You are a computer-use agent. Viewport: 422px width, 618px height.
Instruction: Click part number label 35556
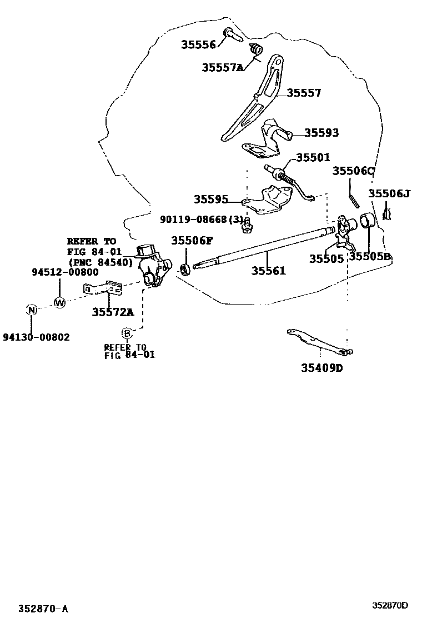[x=198, y=45]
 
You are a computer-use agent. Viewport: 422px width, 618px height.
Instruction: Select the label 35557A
[x=223, y=67]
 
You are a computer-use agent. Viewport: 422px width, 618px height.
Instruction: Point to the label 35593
[x=321, y=133]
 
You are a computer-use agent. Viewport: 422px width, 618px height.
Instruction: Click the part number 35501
[x=313, y=158]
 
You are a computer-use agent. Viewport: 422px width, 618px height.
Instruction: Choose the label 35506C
[x=354, y=171]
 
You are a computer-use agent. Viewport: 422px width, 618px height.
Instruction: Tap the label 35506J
[x=389, y=193]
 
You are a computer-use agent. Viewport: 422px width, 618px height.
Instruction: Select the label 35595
[x=210, y=199]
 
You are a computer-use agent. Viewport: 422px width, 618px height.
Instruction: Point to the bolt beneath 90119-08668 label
[x=247, y=225]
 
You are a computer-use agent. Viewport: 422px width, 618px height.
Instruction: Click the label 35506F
[x=192, y=241]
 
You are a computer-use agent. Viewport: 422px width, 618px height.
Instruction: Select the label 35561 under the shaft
[x=268, y=271]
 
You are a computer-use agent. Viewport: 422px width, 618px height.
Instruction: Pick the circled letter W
[x=59, y=302]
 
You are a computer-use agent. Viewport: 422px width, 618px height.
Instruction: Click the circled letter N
[x=32, y=310]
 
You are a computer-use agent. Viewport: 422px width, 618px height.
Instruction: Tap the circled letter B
[x=127, y=333]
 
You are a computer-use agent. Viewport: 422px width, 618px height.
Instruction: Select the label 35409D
[x=322, y=367]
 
